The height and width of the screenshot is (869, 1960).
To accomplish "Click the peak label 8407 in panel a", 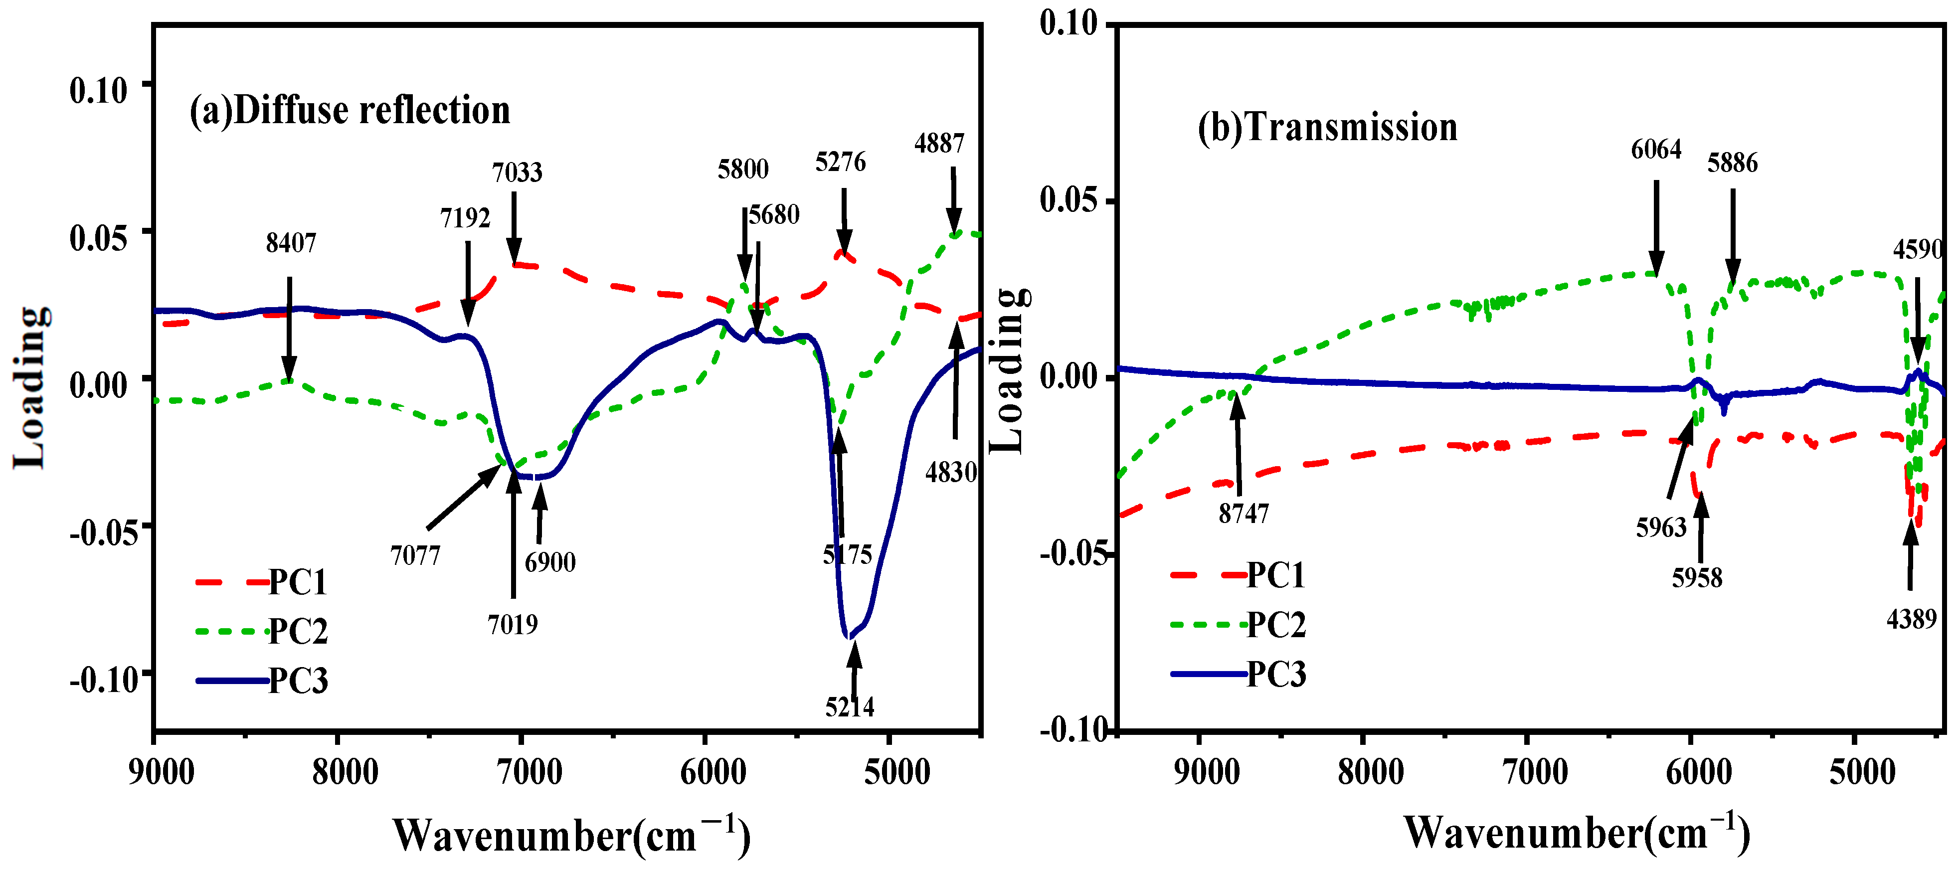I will tap(291, 243).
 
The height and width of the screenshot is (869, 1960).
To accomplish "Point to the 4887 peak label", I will tap(939, 143).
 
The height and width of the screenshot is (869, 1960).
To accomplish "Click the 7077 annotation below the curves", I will tap(415, 555).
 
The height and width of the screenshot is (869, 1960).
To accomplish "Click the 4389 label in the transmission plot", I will tap(1911, 619).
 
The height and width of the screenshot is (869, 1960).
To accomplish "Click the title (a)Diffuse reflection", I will tap(349, 111).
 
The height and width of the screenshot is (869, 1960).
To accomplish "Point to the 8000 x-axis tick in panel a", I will tap(345, 772).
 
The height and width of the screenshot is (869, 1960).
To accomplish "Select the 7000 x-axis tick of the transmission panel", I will tap(1535, 772).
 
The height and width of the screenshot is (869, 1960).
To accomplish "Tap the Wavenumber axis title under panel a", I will tap(571, 836).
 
